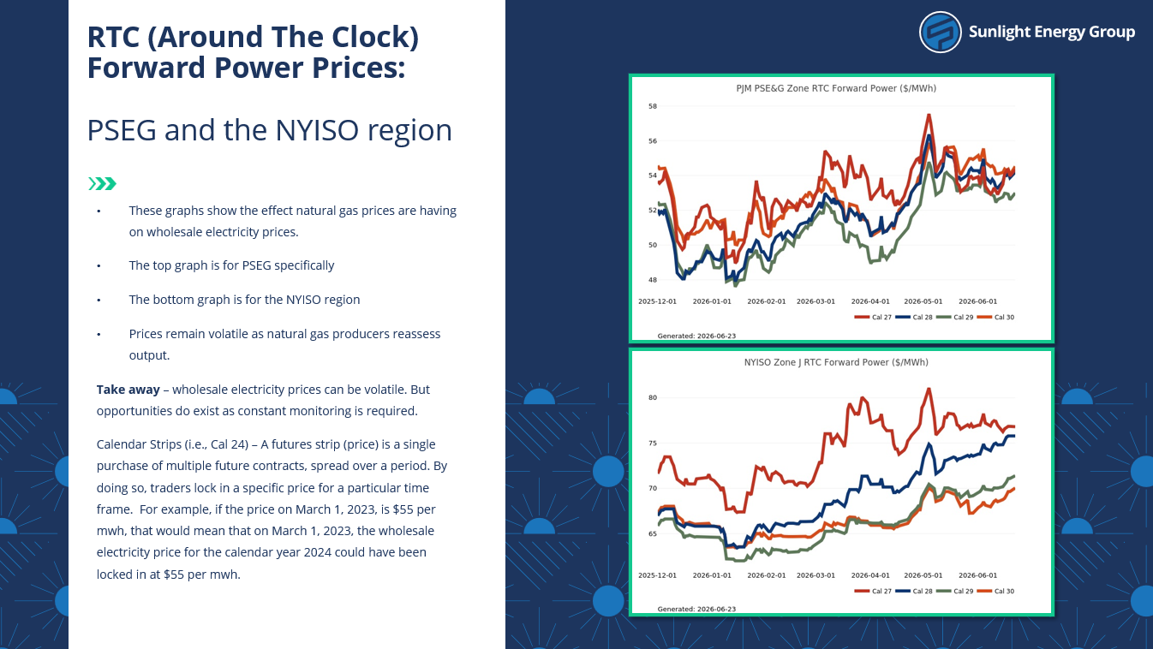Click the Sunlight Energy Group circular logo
coord(940,32)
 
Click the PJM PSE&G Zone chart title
coord(836,88)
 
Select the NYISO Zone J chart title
coord(836,362)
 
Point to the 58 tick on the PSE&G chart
coord(653,106)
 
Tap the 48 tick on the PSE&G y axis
coord(653,280)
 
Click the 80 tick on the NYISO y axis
coord(653,398)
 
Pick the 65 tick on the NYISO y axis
coord(653,534)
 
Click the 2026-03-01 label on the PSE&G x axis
coord(815,301)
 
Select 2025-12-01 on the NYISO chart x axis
coord(657,575)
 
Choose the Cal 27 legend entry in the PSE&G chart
coord(873,317)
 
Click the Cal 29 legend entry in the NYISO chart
coord(955,591)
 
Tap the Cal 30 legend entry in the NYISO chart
coord(995,591)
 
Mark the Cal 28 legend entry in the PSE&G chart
coord(914,317)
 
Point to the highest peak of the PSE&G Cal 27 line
coord(929,116)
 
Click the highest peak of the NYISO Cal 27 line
coord(929,389)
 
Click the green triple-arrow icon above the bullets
coord(103,184)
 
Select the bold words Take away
coord(128,390)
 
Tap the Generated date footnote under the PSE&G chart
coord(696,336)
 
